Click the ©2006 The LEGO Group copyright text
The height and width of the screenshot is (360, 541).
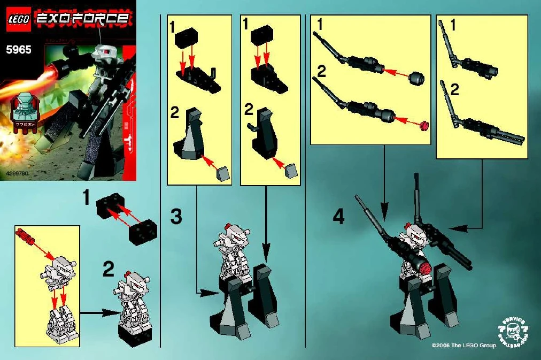pos(464,346)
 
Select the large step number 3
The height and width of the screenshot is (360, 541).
pos(176,217)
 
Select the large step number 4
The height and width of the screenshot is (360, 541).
pos(338,217)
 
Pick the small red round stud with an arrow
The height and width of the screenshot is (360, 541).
pos(424,126)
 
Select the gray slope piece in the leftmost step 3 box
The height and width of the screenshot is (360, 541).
pos(223,173)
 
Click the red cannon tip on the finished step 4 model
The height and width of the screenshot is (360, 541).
pos(424,266)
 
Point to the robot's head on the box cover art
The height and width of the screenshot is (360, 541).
pos(103,52)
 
